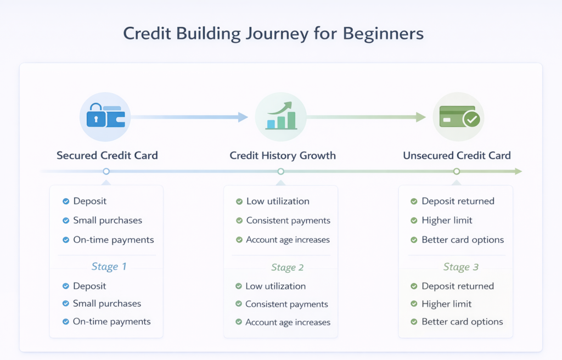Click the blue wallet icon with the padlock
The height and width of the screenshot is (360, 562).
pos(105,116)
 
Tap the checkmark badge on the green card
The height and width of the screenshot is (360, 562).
pos(471,119)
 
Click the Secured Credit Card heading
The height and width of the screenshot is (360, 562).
pos(107,155)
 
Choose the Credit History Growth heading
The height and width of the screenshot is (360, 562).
pos(283,155)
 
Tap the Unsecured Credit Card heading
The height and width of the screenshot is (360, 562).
pos(457,155)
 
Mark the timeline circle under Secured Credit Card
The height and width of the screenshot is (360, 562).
pos(106,172)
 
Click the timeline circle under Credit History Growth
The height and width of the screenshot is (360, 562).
pos(281,172)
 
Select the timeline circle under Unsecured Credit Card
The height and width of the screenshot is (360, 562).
pos(456,172)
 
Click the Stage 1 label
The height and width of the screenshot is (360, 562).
pos(109,267)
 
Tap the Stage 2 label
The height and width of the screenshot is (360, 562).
pos(287,267)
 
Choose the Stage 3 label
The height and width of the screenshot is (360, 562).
pos(461,267)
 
